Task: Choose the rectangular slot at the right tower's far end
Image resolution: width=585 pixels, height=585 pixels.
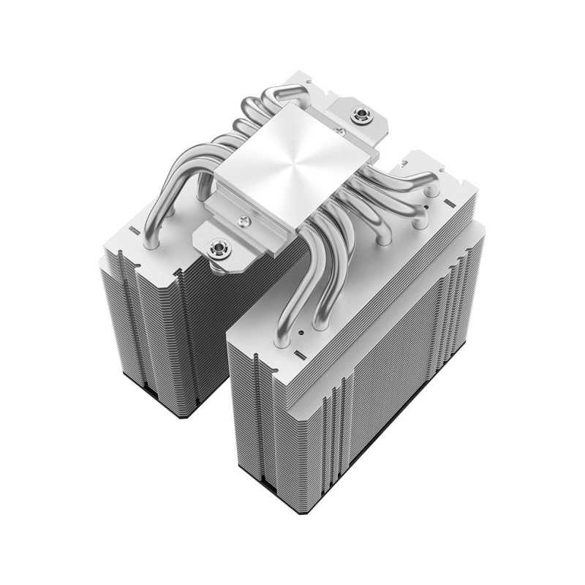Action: coord(448,197)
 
